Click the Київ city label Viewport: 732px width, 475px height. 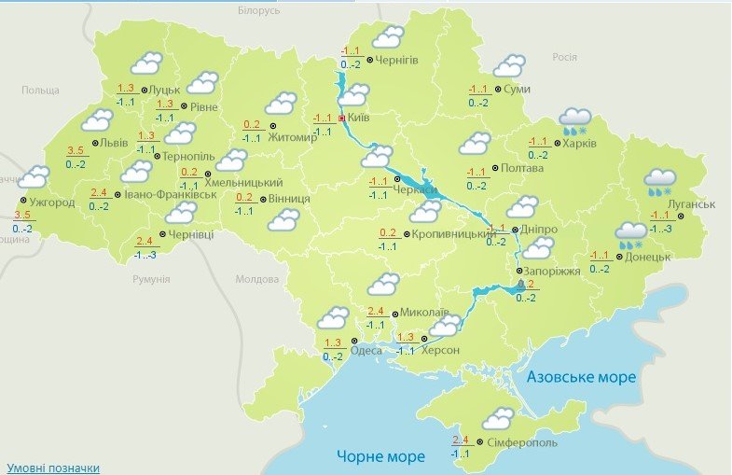click(360, 119)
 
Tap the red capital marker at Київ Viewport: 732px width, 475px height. click(342, 119)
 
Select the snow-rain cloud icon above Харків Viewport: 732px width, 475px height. click(575, 121)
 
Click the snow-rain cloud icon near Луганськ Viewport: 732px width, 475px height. click(660, 180)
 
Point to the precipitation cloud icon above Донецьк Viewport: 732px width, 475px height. click(630, 233)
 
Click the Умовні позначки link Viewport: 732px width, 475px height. click(53, 468)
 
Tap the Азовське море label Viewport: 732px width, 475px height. click(581, 377)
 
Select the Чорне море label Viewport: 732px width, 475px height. click(380, 456)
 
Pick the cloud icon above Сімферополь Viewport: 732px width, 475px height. click(497, 418)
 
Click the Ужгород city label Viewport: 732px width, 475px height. click(53, 203)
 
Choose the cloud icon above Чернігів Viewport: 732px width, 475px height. click(387, 37)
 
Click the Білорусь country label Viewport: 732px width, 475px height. click(258, 10)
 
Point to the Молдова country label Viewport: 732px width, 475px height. click(257, 279)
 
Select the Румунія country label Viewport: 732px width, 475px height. click(151, 278)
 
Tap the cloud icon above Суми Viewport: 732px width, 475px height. click(509, 65)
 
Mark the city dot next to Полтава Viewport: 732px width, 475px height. click(493, 169)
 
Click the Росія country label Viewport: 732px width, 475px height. click(565, 57)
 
